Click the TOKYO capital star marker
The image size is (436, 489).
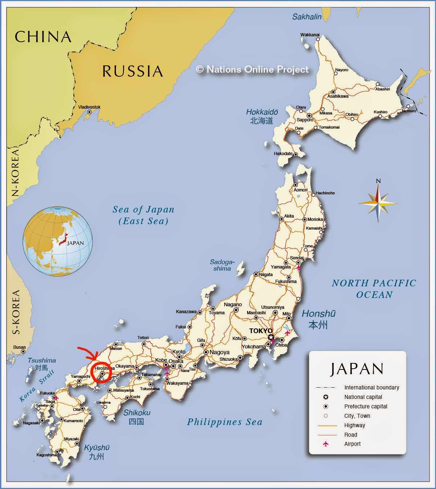click(x=271, y=338)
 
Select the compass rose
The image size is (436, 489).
click(x=378, y=202)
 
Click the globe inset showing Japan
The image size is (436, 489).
click(x=57, y=242)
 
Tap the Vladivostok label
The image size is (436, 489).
click(x=89, y=107)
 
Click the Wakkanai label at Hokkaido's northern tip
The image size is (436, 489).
click(x=310, y=35)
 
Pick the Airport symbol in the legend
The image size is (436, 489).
click(x=326, y=444)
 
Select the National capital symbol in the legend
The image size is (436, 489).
click(x=326, y=397)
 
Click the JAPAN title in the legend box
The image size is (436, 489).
click(x=357, y=369)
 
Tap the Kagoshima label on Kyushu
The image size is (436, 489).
click(x=47, y=455)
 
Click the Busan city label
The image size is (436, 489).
click(x=20, y=347)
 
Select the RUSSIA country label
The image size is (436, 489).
click(x=132, y=71)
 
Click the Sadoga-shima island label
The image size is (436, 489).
click(x=222, y=265)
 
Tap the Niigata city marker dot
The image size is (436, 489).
click(x=256, y=274)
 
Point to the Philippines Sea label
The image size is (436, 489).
click(x=224, y=422)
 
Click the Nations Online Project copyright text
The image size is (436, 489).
click(x=252, y=69)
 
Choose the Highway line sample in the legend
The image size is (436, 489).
click(x=327, y=425)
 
